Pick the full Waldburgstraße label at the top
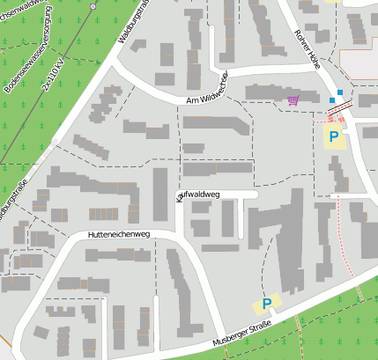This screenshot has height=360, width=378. click(131, 22)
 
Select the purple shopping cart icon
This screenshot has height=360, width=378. click(292, 101)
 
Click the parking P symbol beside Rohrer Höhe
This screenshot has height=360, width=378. click(333, 136)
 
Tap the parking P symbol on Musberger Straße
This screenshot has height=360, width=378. click(266, 305)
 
